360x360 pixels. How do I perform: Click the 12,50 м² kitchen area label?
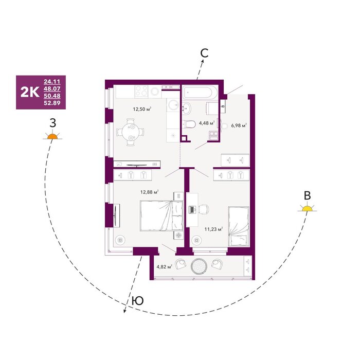click(x=142, y=109)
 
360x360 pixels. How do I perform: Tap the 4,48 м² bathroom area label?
click(x=207, y=123)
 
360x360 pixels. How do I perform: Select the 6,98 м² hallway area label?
click(x=239, y=125)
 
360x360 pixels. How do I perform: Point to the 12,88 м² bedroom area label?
click(x=150, y=192)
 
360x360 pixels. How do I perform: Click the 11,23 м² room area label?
click(x=214, y=229)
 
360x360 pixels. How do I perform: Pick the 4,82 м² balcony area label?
click(x=165, y=267)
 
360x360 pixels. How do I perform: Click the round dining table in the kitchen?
click(x=131, y=132)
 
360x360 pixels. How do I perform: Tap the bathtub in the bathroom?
click(x=200, y=92)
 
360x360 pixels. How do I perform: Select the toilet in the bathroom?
click(x=189, y=124)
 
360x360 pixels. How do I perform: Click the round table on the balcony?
click(x=199, y=266)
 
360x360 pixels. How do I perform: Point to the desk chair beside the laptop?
click(x=204, y=209)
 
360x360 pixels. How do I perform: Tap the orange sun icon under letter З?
click(x=52, y=136)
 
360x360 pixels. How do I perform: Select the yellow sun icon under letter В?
click(x=307, y=208)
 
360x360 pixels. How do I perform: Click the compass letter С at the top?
click(x=204, y=53)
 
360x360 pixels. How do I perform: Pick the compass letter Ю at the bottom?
click(x=138, y=300)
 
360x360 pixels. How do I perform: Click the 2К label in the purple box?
click(x=30, y=92)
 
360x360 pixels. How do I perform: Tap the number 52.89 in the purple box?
click(x=52, y=103)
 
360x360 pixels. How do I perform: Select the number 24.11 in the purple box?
click(x=52, y=81)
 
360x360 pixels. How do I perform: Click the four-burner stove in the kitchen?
click(x=141, y=91)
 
